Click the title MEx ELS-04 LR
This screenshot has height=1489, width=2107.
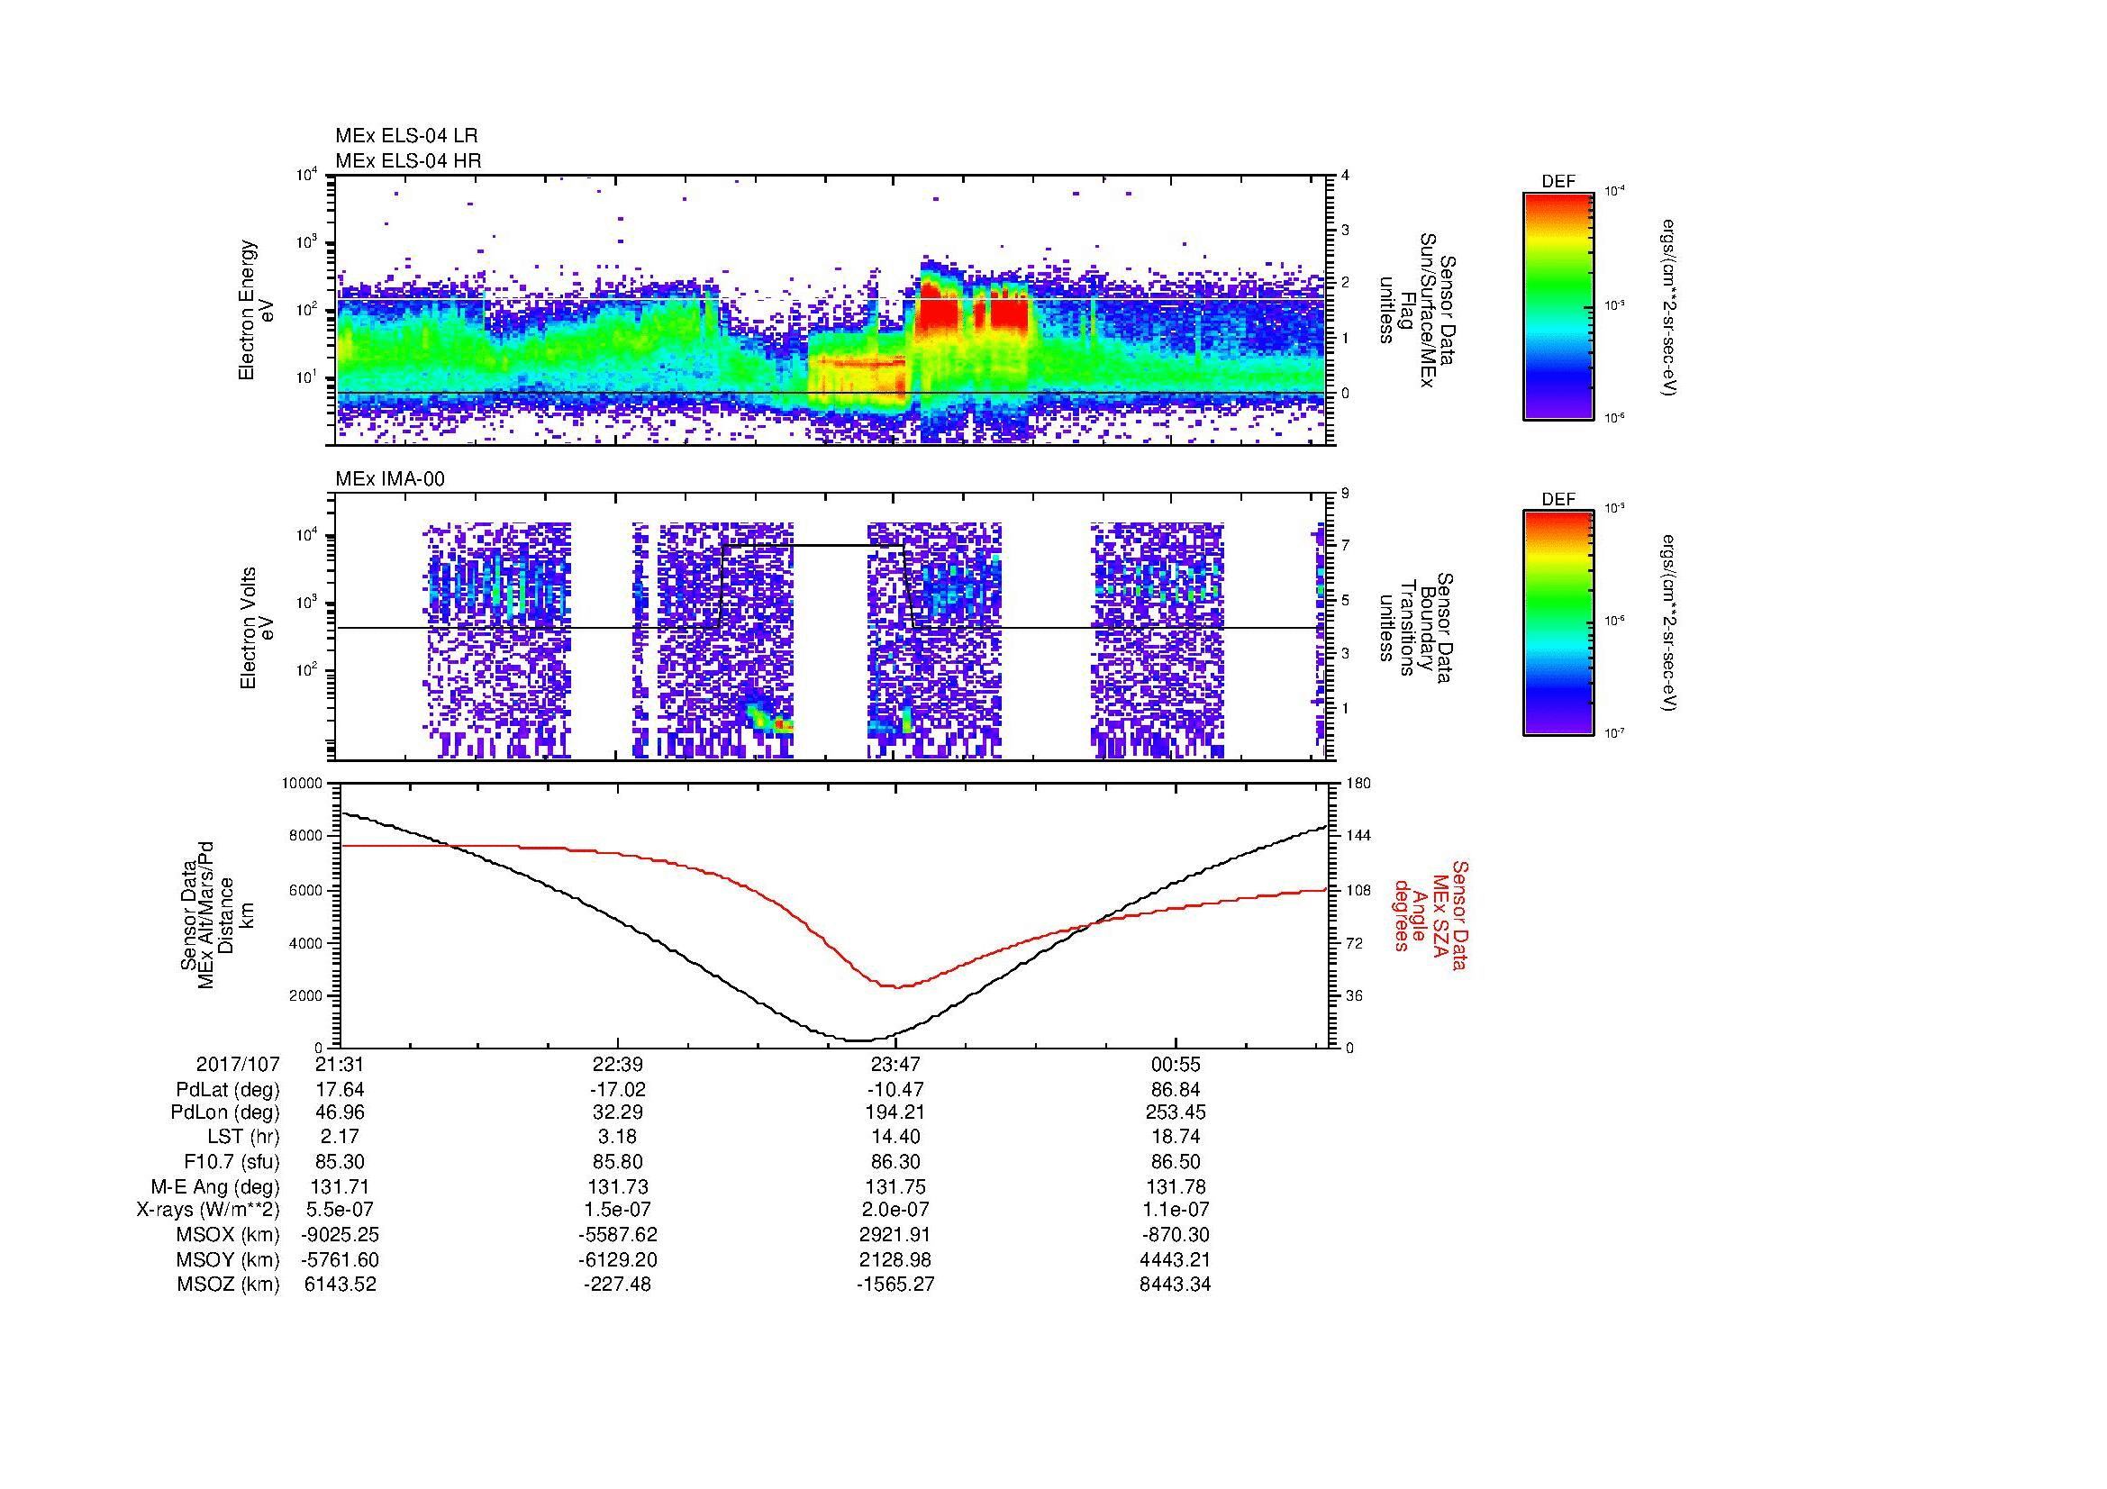[x=405, y=136]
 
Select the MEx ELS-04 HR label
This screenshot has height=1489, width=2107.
[x=407, y=160]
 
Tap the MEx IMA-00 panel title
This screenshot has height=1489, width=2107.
[x=390, y=479]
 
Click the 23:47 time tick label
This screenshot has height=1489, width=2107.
[x=895, y=1065]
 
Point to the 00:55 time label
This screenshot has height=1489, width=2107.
[x=1176, y=1065]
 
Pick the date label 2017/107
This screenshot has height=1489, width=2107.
[x=238, y=1065]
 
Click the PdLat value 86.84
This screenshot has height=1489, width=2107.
[x=1176, y=1090]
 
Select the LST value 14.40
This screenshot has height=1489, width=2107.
[x=895, y=1138]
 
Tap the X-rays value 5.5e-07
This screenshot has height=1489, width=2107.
[x=340, y=1210]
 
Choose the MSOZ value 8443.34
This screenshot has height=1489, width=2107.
[x=1176, y=1285]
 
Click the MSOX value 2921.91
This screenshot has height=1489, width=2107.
[x=895, y=1235]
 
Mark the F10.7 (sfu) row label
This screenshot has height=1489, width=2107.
[x=232, y=1162]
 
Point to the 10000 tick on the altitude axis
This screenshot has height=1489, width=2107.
[x=303, y=784]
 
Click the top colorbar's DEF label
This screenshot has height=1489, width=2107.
[x=1558, y=182]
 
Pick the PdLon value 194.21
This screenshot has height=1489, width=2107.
[x=895, y=1112]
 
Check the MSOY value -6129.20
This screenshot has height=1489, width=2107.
[x=618, y=1259]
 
